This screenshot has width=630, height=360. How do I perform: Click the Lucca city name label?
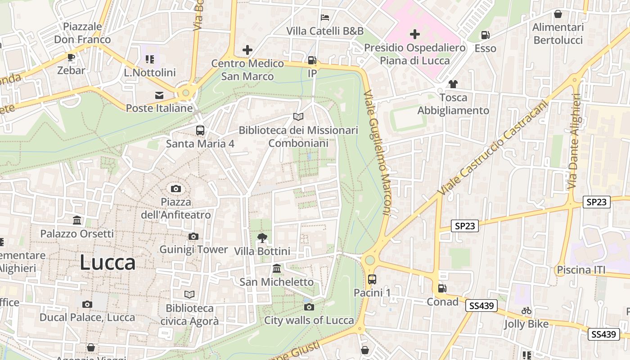pos(108,262)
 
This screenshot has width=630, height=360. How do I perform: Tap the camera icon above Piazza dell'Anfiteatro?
pos(176,189)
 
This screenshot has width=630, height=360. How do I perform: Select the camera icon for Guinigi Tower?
pos(193,236)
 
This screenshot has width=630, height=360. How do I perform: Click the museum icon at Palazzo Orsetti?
pos(77,220)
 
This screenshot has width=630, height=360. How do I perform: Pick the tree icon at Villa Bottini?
pos(262,238)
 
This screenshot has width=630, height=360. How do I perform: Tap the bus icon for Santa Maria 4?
pos(200,130)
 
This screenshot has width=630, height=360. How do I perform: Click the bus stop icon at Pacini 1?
pos(372,279)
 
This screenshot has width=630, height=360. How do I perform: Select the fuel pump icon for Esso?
pos(485,35)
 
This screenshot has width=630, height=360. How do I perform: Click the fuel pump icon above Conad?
pos(442,288)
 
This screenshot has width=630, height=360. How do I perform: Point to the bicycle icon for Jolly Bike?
pos(526,310)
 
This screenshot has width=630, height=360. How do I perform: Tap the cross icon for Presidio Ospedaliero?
pos(414,34)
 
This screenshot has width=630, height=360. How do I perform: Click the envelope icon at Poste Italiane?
pos(159,95)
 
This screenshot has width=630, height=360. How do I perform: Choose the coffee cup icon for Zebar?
pos(71,57)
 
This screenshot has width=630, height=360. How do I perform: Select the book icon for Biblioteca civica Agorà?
pos(189,294)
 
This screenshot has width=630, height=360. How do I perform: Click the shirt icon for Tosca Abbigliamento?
pos(453,84)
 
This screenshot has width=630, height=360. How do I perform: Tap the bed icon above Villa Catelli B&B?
pos(325,18)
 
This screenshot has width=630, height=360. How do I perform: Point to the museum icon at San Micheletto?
pos(277,269)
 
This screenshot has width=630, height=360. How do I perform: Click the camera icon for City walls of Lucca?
pos(309,307)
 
